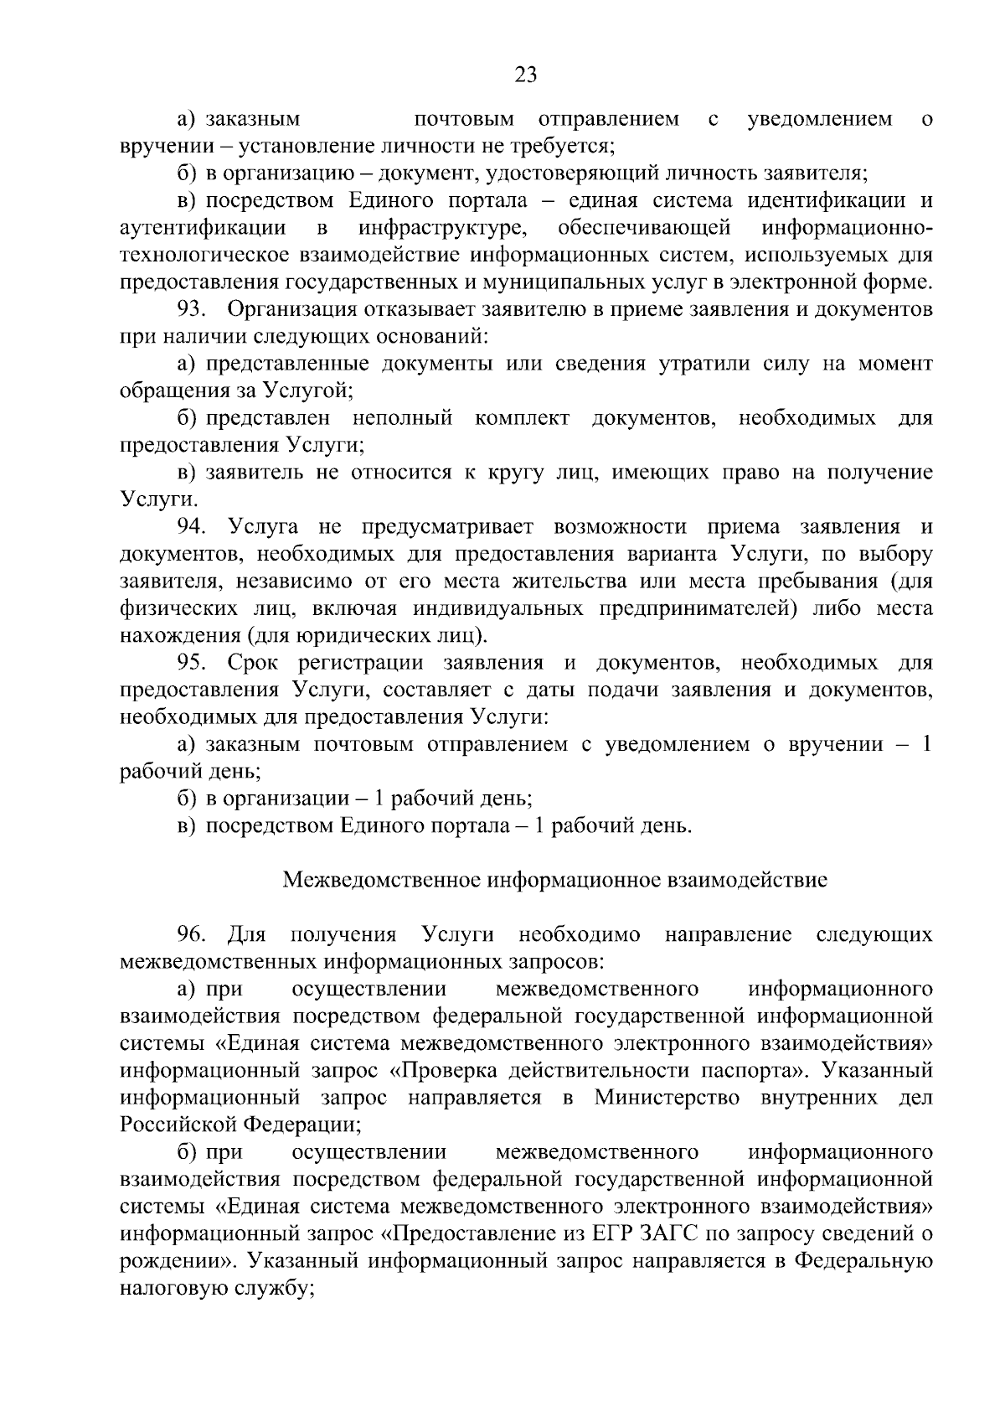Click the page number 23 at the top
coord(525,75)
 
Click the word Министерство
coord(667,1098)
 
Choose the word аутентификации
coord(203,228)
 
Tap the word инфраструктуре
coord(443,228)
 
